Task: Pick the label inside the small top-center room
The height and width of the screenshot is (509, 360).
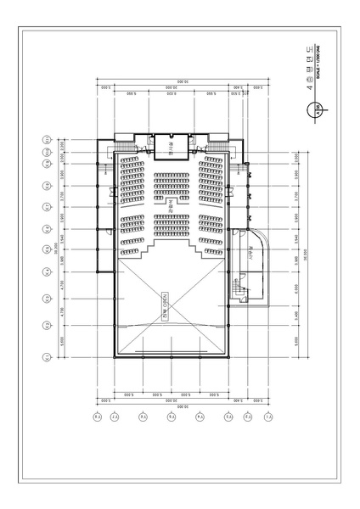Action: pos(171,148)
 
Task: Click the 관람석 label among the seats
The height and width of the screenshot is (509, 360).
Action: pos(171,204)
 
